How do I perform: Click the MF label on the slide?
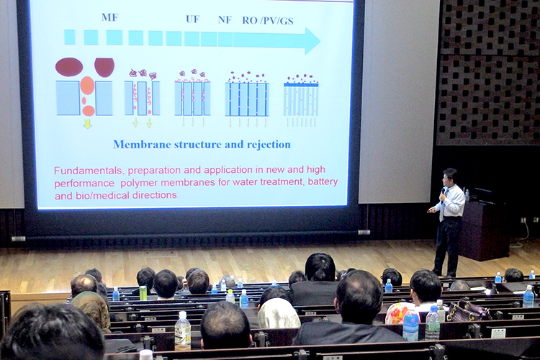click(109, 17)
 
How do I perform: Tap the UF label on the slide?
click(192, 19)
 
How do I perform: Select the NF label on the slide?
click(225, 19)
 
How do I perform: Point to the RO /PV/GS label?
click(268, 21)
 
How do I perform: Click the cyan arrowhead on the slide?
click(312, 40)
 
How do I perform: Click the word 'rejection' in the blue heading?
click(269, 144)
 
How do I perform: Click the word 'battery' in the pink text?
click(323, 181)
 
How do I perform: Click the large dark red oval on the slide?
click(69, 66)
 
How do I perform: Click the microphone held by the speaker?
click(444, 193)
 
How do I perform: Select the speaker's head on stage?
click(450, 176)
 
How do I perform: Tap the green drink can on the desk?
click(143, 293)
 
